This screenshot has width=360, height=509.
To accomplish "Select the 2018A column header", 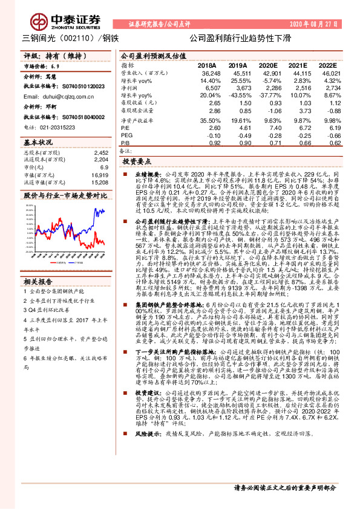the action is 206,65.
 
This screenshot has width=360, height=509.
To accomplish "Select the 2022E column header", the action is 327,65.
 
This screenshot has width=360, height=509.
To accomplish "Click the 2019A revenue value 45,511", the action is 237,73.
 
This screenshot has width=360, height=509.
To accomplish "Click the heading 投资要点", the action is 136,163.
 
